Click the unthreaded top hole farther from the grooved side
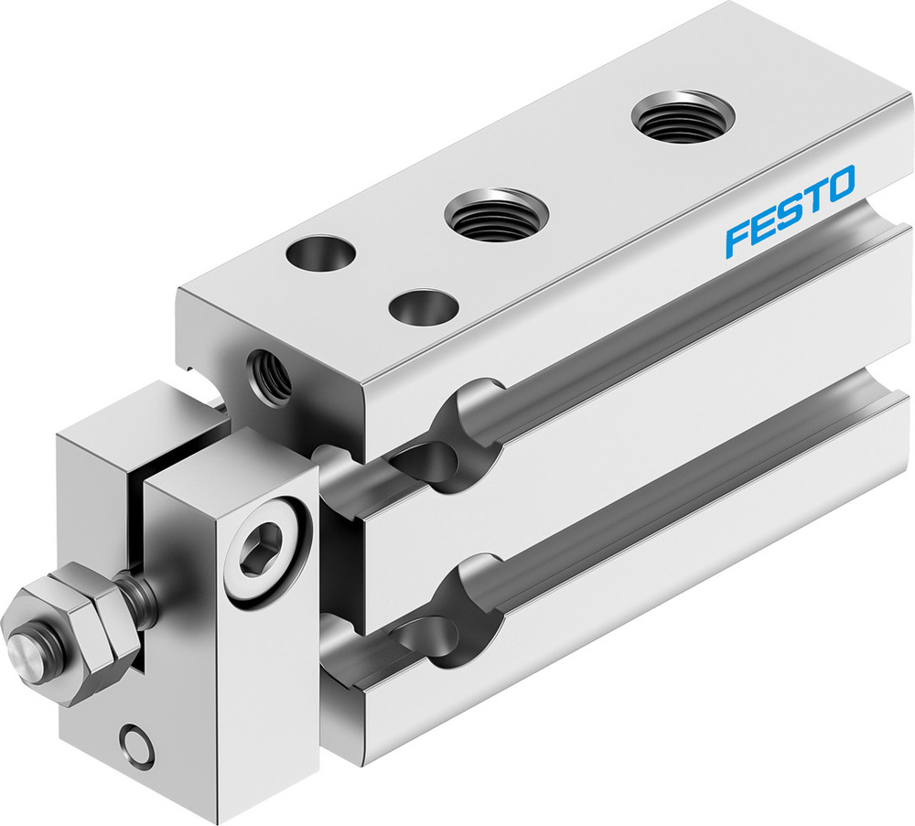pyautogui.click(x=320, y=252)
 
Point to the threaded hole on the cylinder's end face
pyautogui.click(x=269, y=376)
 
